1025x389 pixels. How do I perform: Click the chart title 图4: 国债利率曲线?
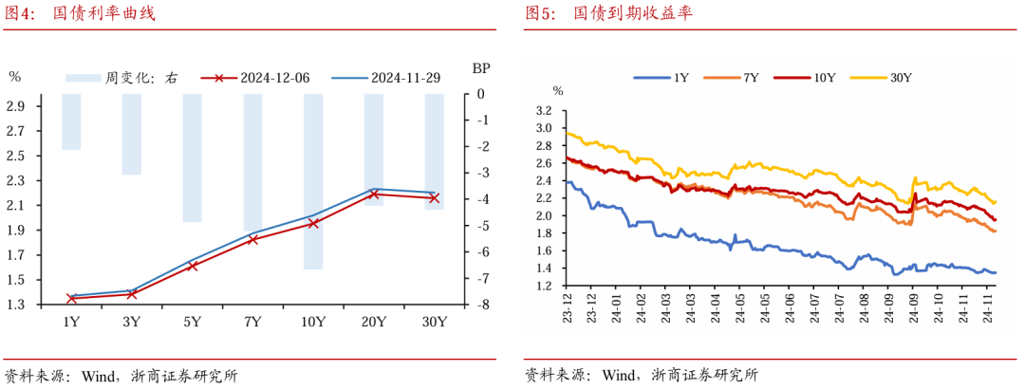point(80,14)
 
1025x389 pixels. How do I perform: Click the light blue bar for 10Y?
point(313,181)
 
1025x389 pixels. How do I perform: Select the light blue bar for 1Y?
point(71,121)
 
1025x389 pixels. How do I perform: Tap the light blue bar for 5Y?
point(193,157)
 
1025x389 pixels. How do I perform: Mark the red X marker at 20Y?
point(374,194)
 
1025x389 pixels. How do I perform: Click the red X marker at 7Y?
point(252,240)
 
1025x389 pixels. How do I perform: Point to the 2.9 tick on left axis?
point(16,106)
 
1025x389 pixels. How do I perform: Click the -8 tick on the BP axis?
point(481,305)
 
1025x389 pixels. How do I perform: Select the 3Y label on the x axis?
point(132,323)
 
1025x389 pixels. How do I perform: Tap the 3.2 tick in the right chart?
point(543,110)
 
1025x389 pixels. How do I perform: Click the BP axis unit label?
point(481,68)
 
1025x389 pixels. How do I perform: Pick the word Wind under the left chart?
point(94,375)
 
